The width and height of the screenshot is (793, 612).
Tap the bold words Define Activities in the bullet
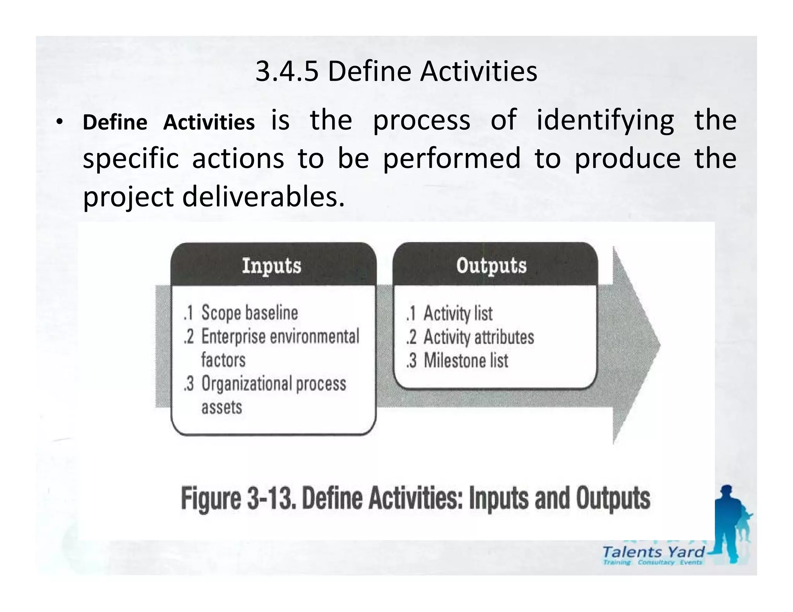(x=168, y=123)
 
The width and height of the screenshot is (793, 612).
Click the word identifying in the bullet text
(x=605, y=121)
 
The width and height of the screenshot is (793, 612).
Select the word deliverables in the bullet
(x=263, y=197)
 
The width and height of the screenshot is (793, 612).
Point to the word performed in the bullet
(x=451, y=159)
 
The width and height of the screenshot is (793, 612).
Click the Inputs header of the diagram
(x=272, y=266)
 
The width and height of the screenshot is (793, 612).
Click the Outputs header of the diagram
(x=491, y=266)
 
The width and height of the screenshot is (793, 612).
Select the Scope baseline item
(x=249, y=313)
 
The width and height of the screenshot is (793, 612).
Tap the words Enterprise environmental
(x=280, y=337)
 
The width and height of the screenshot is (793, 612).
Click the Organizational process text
(x=273, y=384)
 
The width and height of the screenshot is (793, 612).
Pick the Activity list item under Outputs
(x=458, y=313)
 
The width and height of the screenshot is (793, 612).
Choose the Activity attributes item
(x=479, y=337)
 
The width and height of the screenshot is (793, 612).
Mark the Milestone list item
(x=466, y=361)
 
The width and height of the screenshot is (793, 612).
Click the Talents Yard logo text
(x=654, y=552)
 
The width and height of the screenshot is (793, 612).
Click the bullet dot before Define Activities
(x=58, y=123)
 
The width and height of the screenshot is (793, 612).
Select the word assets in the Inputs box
(x=221, y=407)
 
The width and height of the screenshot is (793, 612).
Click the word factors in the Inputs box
(x=223, y=360)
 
